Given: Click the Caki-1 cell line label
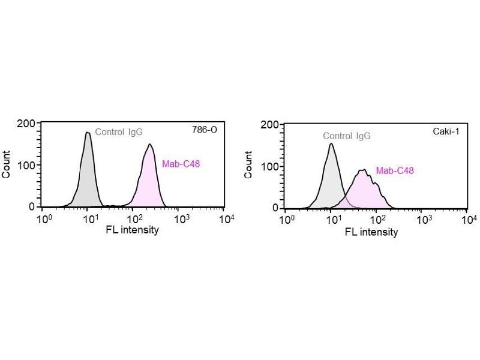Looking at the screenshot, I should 448,131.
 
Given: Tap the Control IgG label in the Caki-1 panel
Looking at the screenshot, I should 347,136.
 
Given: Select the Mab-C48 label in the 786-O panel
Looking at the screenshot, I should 181,164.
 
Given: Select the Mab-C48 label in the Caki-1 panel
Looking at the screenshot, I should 395,170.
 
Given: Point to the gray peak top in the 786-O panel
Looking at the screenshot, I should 88,133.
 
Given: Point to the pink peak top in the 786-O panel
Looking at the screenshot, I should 149,145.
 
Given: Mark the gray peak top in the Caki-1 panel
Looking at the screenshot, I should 331,143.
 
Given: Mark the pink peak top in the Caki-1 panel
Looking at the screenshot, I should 362,170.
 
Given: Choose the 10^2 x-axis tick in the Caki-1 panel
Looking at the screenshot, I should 378,220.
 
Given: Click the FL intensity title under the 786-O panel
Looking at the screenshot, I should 133,230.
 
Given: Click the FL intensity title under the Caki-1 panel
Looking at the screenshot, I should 371,232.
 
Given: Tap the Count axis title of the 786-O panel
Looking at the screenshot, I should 7,165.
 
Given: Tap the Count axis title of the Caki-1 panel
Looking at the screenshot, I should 249,166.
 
